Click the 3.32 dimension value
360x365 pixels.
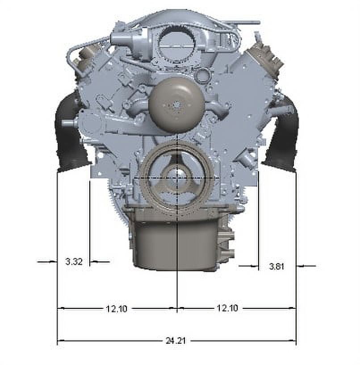tap(74, 261)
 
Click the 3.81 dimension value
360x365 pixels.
tap(276, 266)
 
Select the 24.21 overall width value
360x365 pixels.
tap(176, 340)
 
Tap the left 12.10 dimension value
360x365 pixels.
tap(117, 309)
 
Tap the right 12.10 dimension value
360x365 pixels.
tap(227, 308)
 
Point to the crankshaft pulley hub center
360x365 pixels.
tap(176, 178)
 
